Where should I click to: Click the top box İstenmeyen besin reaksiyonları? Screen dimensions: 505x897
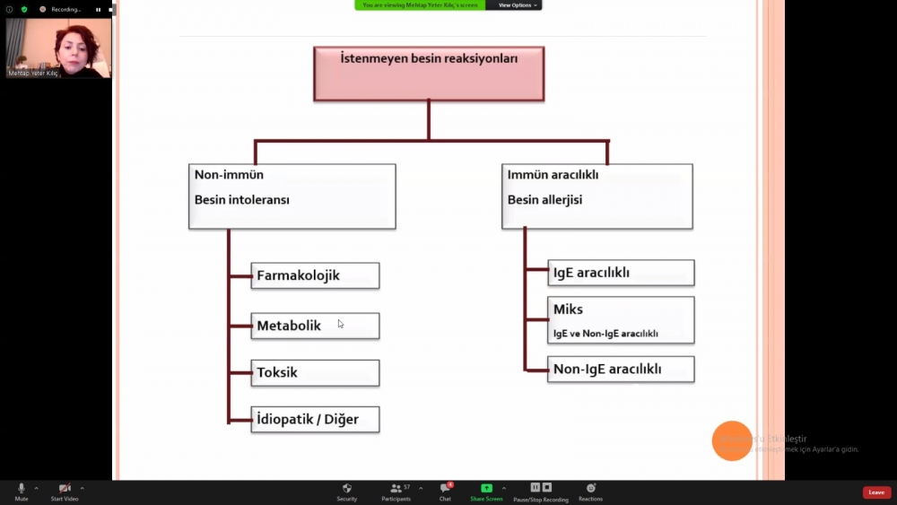[x=429, y=73]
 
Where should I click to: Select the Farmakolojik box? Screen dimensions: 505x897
[x=315, y=275]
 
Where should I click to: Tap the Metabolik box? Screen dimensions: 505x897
[x=315, y=326]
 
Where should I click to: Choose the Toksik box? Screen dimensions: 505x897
[x=315, y=372]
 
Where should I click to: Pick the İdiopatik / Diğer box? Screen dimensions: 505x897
[x=315, y=419]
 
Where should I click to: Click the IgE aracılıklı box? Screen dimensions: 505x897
[x=621, y=273]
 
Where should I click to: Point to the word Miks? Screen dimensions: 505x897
[x=568, y=309]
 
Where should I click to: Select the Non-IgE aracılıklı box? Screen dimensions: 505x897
[x=621, y=369]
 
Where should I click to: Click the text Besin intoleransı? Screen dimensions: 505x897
[x=242, y=200]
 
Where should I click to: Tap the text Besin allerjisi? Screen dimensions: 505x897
[x=544, y=200]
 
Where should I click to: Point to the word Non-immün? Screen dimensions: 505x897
[x=229, y=175]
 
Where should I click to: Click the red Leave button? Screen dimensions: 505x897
[x=876, y=492]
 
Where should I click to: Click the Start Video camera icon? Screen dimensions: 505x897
[x=65, y=488]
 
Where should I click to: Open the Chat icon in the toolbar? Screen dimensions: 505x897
[x=445, y=488]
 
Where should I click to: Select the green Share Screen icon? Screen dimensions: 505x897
[x=486, y=488]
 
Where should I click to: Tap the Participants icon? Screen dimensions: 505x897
[x=396, y=488]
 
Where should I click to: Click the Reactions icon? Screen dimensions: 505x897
[x=590, y=488]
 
